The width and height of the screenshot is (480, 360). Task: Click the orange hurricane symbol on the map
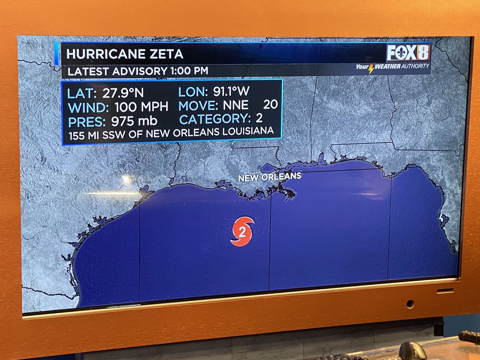pos(242,232)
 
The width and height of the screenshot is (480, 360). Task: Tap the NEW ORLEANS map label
pos(270,176)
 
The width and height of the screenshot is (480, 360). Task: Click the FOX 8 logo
pos(408,52)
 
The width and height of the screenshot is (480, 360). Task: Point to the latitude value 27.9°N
pos(123,93)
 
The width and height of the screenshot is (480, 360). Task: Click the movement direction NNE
pos(236,105)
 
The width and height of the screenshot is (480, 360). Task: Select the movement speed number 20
pos(270,105)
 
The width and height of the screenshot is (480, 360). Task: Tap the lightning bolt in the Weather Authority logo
pos(371,68)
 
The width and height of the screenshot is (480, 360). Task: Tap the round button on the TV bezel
pos(410,304)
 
